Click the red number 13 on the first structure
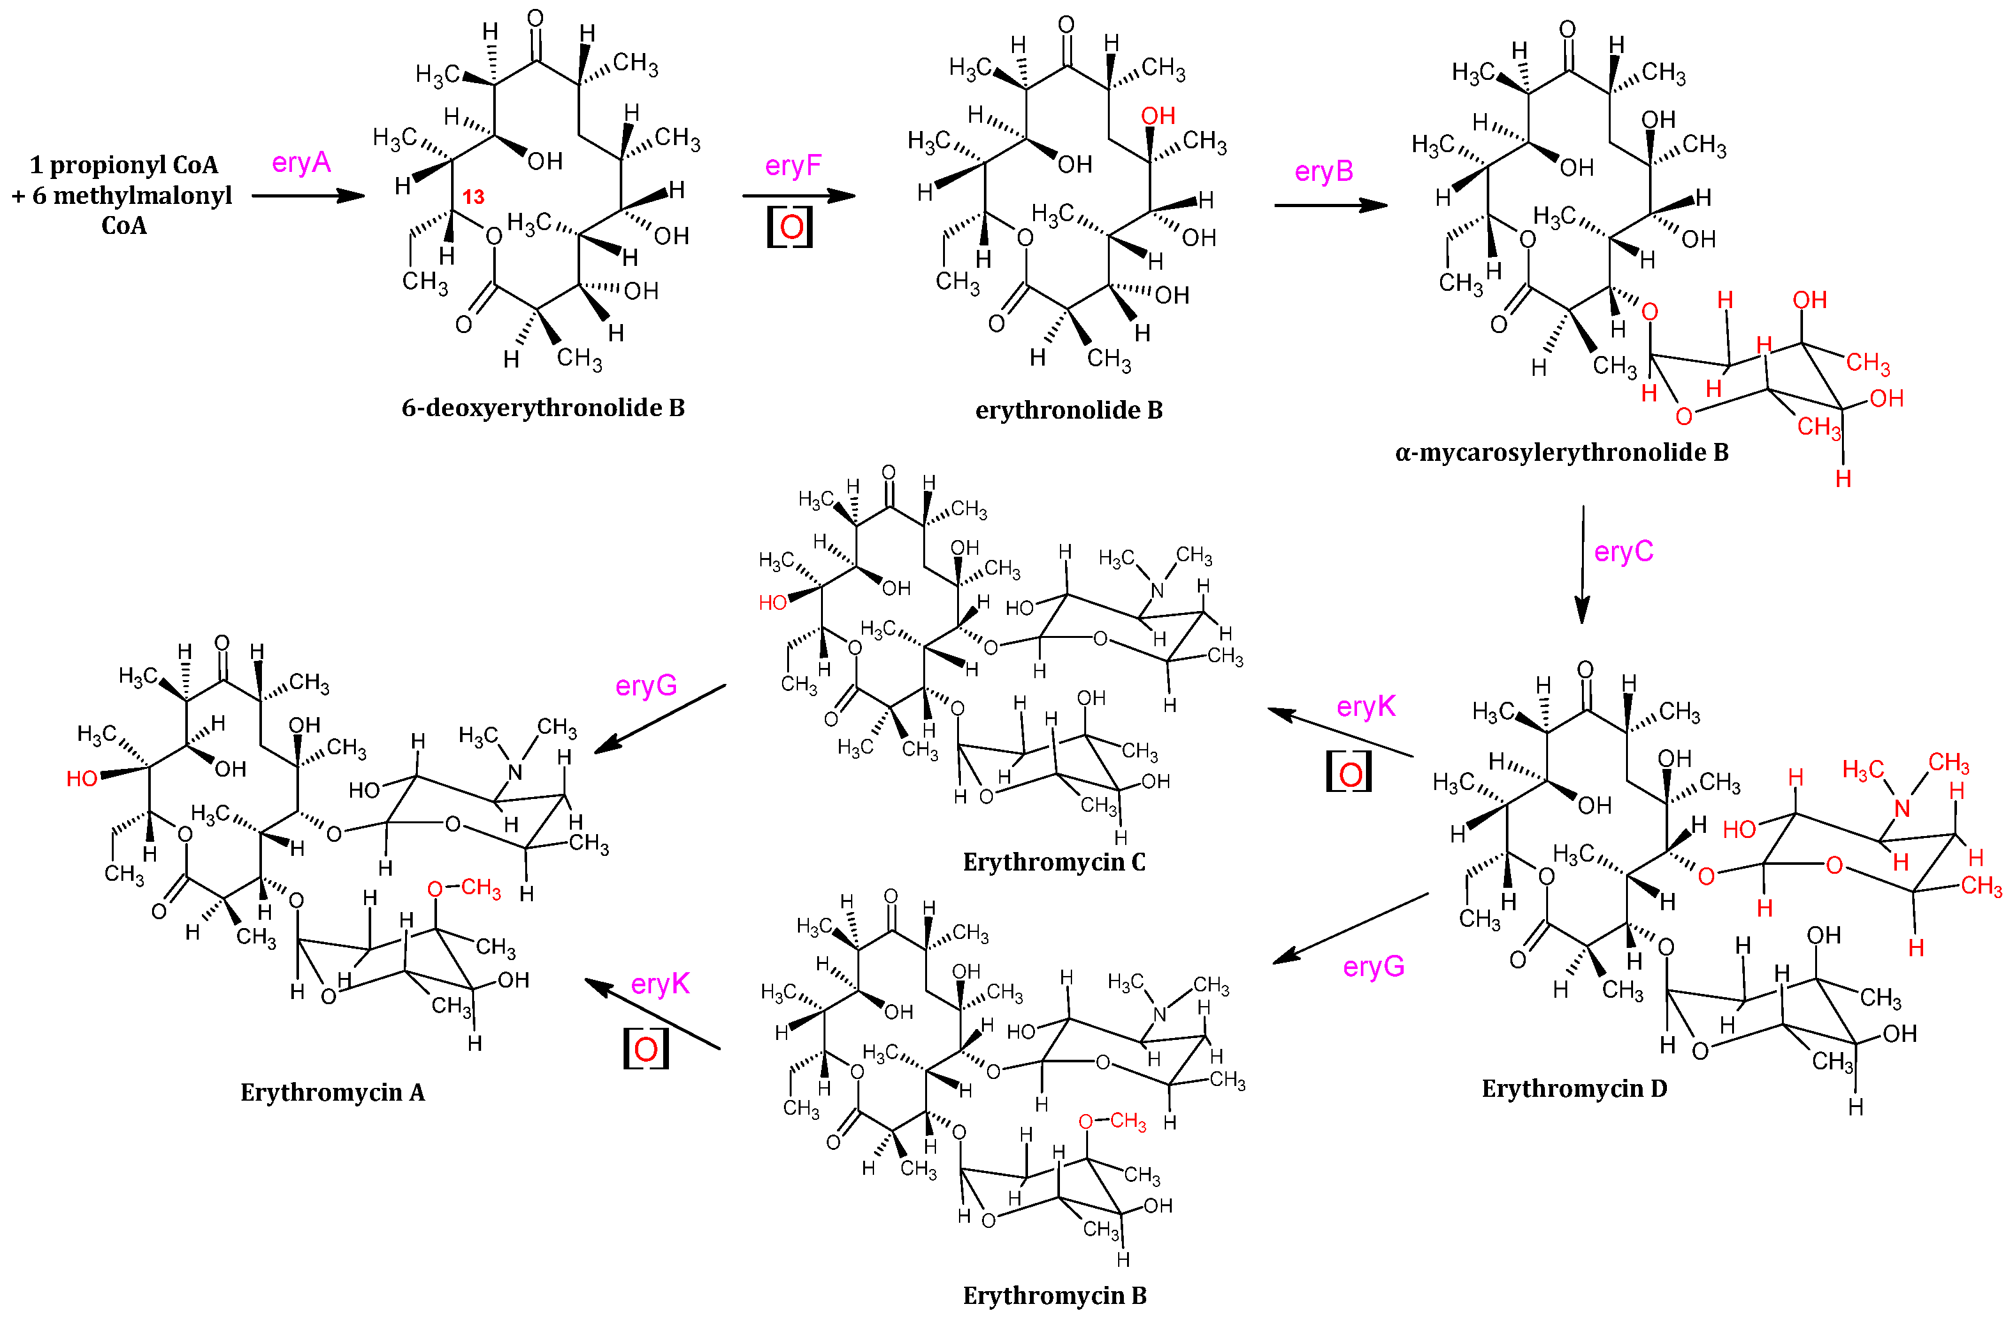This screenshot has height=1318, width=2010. click(x=473, y=197)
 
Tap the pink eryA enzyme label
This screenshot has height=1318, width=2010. click(x=301, y=162)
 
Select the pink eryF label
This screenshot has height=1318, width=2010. click(x=792, y=165)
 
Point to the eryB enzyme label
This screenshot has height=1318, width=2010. click(x=1323, y=171)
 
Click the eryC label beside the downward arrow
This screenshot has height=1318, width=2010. click(x=1622, y=552)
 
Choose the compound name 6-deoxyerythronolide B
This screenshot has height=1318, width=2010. click(x=543, y=408)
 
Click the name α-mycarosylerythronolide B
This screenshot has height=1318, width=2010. click(x=1561, y=453)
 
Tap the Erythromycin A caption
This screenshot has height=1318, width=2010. click(x=333, y=1092)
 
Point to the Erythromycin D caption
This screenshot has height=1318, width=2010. click(x=1574, y=1088)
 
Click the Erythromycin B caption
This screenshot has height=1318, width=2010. click(x=1055, y=1295)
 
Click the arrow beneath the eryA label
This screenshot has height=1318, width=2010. click(x=308, y=196)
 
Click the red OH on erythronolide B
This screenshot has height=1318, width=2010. click(x=1158, y=116)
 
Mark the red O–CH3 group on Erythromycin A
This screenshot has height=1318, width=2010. click(x=464, y=888)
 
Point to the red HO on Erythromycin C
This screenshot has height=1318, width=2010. click(x=772, y=602)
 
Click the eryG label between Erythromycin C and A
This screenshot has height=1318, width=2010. click(x=646, y=685)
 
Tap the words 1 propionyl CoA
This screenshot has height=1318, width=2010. click(x=124, y=165)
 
